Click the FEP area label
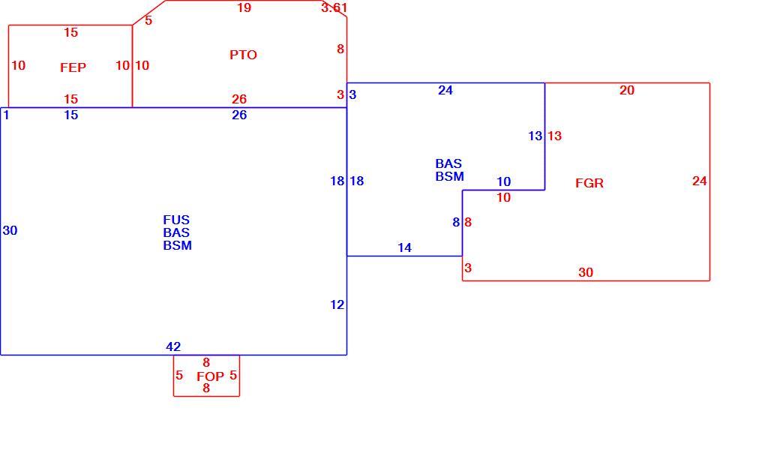point(73,67)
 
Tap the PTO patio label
point(243,55)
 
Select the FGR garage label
point(589,183)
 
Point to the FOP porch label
point(210,376)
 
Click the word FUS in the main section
point(176,220)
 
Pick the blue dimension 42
point(173,346)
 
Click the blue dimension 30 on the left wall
point(10,230)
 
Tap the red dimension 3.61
point(334,7)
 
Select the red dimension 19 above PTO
point(244,7)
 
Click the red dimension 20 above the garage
point(627,90)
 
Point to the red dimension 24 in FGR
point(699,181)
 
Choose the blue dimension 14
point(404,247)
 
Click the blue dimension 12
point(337,304)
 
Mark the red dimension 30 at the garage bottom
point(586,272)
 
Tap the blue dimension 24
point(445,90)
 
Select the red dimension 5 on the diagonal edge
point(148,20)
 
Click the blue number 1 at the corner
point(6,115)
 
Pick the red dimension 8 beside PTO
point(340,49)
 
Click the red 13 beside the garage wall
point(554,136)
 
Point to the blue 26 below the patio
point(239,115)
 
